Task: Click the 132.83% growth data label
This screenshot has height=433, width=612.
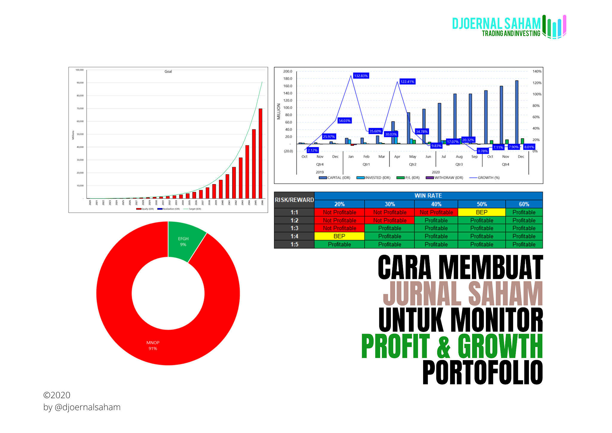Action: tap(361, 76)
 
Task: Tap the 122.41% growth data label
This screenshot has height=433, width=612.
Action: tap(407, 82)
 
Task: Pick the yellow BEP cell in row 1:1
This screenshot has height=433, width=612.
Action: tap(481, 212)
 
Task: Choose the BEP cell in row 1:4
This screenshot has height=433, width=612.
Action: tap(339, 236)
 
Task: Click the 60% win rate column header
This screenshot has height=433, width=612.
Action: tap(524, 204)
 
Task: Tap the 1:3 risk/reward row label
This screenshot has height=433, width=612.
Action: tap(294, 228)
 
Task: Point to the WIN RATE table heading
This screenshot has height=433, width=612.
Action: tap(428, 196)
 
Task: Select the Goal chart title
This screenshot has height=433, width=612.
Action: tap(168, 71)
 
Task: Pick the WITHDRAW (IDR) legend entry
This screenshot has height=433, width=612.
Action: tap(448, 178)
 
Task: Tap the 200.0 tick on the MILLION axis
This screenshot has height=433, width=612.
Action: tap(287, 71)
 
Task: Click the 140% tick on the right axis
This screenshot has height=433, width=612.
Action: tap(537, 71)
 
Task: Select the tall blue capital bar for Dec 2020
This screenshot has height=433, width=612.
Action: tap(517, 112)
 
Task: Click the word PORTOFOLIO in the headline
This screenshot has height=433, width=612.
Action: tap(482, 372)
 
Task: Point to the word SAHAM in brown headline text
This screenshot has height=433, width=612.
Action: tap(505, 293)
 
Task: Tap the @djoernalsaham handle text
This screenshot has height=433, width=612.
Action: tap(88, 407)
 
